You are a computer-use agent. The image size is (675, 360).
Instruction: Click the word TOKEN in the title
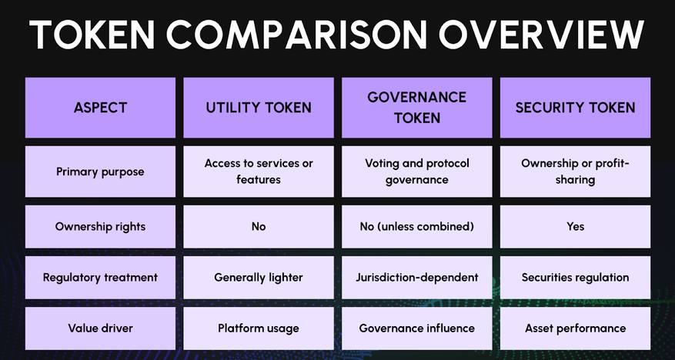coord(92,35)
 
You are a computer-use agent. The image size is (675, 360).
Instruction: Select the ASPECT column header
coord(100,108)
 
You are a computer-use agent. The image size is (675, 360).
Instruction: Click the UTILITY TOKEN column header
coord(259,108)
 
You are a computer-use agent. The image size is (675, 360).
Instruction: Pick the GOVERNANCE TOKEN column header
coord(416,108)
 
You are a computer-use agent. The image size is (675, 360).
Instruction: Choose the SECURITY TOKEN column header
coord(575,108)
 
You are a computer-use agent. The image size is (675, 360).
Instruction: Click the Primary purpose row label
coord(100,172)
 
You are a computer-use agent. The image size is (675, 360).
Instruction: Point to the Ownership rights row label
coord(100,227)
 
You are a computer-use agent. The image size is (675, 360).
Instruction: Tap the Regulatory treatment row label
coord(100,278)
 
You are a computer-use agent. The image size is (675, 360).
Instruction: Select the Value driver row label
coord(100,328)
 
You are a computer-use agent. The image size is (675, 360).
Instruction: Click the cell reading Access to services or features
coord(259,172)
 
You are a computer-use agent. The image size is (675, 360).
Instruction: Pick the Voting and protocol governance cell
coord(416,172)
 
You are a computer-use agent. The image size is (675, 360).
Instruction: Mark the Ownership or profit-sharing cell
coord(575,172)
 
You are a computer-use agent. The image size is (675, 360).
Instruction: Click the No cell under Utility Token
coord(259,227)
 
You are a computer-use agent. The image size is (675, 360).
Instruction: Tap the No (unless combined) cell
coord(416,227)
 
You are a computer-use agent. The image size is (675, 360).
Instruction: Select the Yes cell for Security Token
coord(575,227)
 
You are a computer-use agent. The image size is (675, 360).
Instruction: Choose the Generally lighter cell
coord(259,278)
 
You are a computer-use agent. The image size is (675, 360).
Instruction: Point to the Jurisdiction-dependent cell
coord(416,278)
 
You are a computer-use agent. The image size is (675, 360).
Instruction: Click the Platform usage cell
coord(259,328)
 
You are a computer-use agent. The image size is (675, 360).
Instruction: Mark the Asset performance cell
coord(575,328)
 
